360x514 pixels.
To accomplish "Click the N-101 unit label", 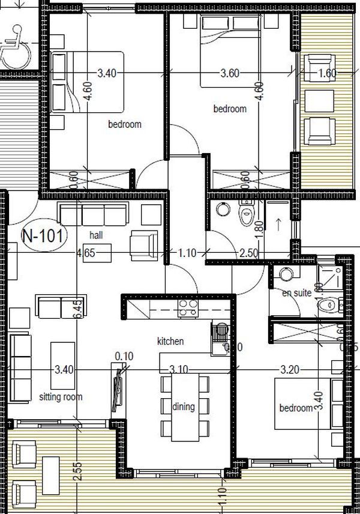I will pos(43,235).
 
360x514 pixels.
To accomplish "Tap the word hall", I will pos(95,234).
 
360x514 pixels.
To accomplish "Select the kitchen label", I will pos(170,341).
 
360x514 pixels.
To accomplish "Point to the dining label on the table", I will pos(183,407).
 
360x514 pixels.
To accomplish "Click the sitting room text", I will pos(61,397).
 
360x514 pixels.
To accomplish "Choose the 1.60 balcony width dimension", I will pos(328,74).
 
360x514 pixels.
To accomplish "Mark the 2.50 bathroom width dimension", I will pos(248,253).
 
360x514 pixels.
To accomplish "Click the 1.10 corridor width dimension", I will pos(187,253).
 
